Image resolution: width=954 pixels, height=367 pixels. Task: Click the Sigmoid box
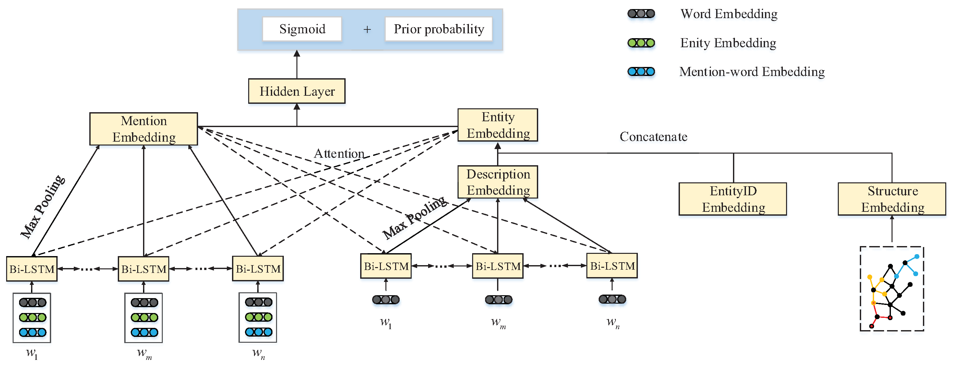(x=302, y=29)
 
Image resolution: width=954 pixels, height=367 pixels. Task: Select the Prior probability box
(x=438, y=29)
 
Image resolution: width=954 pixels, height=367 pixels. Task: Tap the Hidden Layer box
(x=297, y=91)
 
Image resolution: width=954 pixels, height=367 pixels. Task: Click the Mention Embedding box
(x=144, y=129)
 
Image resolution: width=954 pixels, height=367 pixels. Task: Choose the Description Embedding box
(x=498, y=182)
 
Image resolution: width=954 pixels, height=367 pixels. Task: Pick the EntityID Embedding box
(x=733, y=199)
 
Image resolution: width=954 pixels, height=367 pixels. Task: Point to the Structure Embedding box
(x=892, y=199)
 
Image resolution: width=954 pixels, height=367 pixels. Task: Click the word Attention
(x=339, y=154)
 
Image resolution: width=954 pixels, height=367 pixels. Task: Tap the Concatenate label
(x=653, y=136)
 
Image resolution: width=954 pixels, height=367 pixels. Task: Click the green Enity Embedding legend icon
(x=641, y=43)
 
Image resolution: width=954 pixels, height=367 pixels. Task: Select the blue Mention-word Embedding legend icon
(x=641, y=71)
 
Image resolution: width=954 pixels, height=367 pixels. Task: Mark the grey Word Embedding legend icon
(x=641, y=14)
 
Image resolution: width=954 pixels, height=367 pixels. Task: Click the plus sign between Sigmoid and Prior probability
(x=367, y=29)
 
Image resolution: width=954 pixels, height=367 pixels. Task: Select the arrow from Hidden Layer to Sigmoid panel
(x=297, y=64)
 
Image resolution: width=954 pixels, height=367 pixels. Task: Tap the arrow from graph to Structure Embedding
(x=892, y=229)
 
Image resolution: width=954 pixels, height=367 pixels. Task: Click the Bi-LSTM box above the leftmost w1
(x=32, y=269)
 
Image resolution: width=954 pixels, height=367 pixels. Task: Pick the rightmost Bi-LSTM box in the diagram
(x=612, y=266)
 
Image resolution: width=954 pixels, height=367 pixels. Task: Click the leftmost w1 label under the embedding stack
(x=32, y=354)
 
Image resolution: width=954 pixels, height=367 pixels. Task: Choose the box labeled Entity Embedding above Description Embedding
(x=498, y=125)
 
